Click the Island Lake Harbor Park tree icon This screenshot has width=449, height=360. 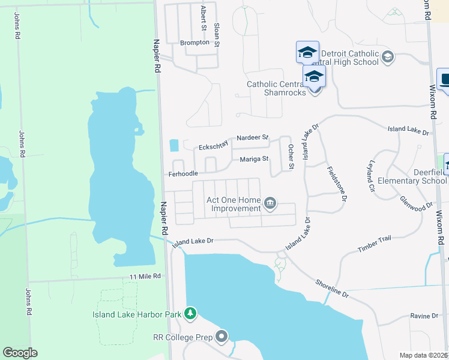(190, 313)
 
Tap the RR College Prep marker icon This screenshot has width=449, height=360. (221, 337)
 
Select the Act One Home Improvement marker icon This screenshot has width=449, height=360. (270, 204)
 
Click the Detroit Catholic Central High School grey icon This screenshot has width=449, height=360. (387, 57)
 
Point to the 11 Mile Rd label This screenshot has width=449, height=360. (145, 276)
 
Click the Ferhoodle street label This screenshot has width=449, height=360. (182, 173)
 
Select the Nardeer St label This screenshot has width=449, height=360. (253, 137)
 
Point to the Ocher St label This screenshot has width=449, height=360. (291, 156)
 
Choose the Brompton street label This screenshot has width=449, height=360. (194, 43)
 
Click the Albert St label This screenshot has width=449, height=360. (203, 18)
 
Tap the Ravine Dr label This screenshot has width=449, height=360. (425, 316)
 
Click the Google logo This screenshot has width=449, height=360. (20, 353)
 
